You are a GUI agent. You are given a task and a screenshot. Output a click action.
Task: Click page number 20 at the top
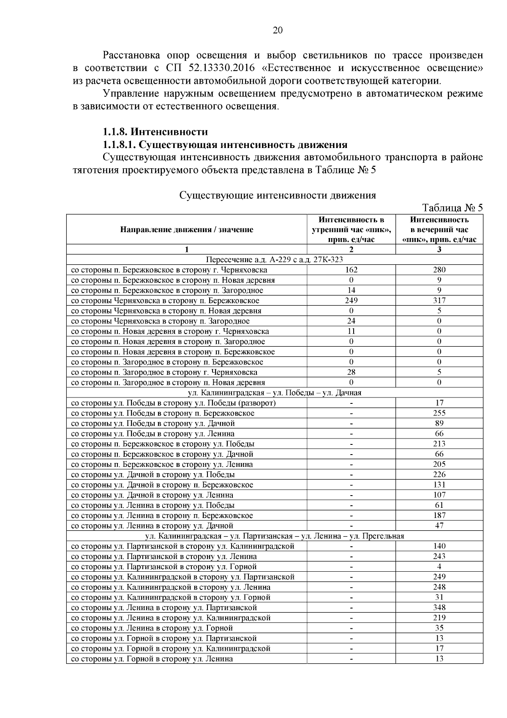[x=278, y=30]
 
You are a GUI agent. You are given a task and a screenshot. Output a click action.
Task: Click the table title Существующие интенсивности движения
[x=278, y=195]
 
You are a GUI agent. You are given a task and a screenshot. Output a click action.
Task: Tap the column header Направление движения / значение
[x=187, y=230]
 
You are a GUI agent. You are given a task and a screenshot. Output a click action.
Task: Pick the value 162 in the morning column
[x=351, y=270]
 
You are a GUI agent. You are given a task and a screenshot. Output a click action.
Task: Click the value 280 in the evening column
[x=439, y=270]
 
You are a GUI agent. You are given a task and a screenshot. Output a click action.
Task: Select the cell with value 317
[x=439, y=301]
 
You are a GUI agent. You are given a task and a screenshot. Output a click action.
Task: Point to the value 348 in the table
[x=439, y=608]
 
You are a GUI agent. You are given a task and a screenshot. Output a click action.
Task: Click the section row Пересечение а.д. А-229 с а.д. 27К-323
[x=274, y=260]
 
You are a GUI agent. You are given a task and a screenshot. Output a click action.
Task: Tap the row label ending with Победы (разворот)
[x=173, y=403]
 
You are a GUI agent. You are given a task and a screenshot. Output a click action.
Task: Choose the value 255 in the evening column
[x=439, y=413]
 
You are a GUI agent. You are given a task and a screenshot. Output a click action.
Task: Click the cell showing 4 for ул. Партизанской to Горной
[x=439, y=567]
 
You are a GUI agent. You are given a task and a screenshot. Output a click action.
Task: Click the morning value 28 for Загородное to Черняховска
[x=351, y=372]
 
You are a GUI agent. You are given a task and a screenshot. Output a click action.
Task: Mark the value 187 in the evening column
[x=439, y=515]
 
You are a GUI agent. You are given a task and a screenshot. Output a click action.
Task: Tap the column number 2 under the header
[x=351, y=249]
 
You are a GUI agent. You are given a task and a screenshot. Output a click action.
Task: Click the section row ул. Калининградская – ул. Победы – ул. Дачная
[x=274, y=393]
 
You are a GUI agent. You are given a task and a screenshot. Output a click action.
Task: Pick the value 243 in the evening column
[x=439, y=556]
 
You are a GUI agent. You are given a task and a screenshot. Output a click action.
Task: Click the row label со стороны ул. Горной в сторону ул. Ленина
[x=152, y=659]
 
